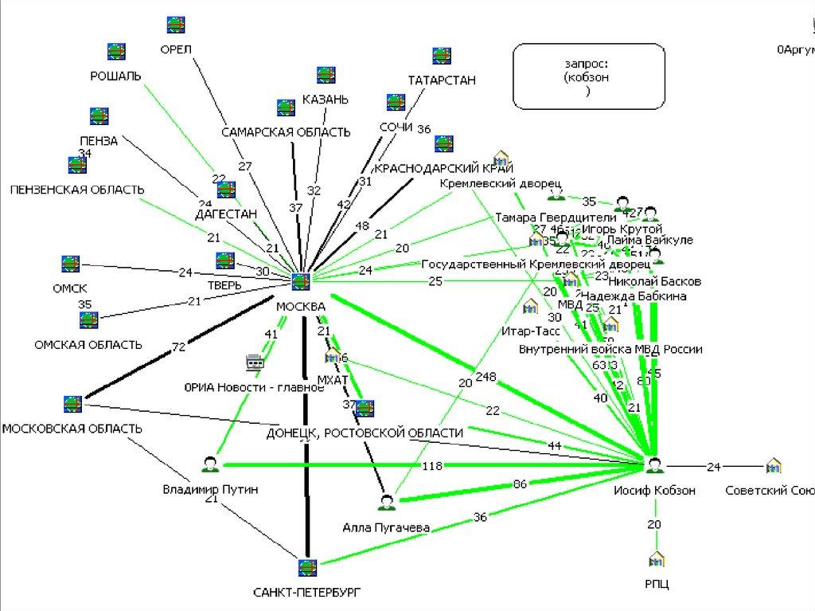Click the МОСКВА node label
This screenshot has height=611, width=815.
[300, 307]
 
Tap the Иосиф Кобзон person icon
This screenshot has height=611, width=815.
[654, 465]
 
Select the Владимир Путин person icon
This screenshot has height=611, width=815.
[210, 464]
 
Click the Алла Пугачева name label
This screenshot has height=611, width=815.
[386, 527]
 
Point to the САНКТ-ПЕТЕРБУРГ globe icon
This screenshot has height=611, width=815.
[307, 568]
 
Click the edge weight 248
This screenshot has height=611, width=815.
[485, 375]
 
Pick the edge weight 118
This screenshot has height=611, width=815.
[431, 465]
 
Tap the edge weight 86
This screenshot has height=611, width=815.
[519, 484]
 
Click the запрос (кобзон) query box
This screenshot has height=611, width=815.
[588, 76]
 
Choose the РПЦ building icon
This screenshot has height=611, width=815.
[657, 558]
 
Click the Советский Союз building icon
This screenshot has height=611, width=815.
[773, 465]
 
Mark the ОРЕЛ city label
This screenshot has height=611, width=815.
[176, 49]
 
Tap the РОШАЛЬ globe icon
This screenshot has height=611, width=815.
[117, 51]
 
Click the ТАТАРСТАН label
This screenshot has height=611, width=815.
[441, 80]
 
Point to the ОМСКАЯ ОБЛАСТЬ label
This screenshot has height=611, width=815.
[88, 345]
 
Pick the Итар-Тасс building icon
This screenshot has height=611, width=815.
[530, 307]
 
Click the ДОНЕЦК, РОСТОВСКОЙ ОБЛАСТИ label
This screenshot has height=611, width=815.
[365, 433]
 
